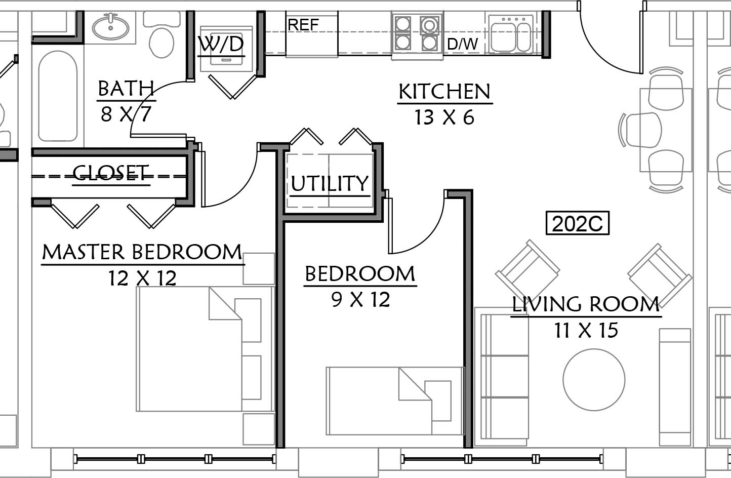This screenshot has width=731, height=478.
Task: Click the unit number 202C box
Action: (x=578, y=223)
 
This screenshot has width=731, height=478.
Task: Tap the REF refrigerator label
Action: (x=303, y=25)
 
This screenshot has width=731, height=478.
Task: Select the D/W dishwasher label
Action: (x=462, y=44)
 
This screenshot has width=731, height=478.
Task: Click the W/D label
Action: (x=221, y=44)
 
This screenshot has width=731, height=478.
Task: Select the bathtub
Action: (x=58, y=96)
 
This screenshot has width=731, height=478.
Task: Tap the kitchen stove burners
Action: (x=417, y=34)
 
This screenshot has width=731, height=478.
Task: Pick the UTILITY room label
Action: (x=330, y=183)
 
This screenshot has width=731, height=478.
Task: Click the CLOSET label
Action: (x=111, y=172)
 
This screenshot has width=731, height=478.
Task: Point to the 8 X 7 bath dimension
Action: (x=126, y=114)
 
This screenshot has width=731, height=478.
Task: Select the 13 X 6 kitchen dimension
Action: (x=444, y=117)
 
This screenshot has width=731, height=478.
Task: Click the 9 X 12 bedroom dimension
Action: (x=360, y=299)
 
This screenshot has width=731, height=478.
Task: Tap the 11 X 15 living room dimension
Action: (x=586, y=330)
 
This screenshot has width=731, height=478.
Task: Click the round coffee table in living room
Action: (x=594, y=379)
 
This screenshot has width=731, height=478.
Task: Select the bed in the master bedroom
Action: (x=205, y=349)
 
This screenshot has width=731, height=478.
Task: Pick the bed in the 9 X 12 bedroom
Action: (x=395, y=401)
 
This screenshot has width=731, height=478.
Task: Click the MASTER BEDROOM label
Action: (x=142, y=252)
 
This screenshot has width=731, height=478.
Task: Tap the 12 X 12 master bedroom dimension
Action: (x=142, y=278)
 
